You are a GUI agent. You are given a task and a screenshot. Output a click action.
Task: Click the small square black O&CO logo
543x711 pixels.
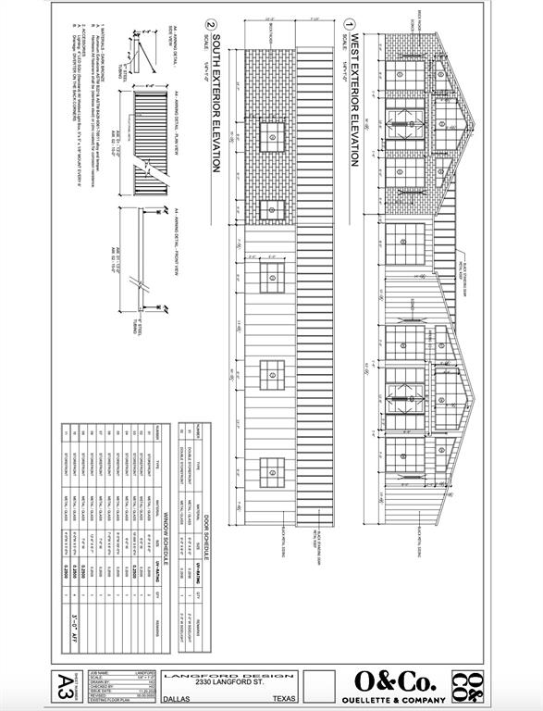pyautogui.click(x=467, y=686)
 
